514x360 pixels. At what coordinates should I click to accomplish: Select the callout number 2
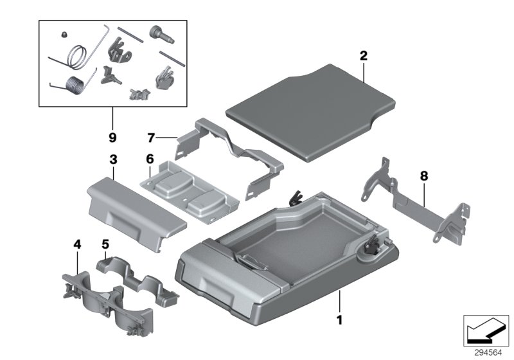click(364, 57)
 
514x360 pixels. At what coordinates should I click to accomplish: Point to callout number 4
click(77, 244)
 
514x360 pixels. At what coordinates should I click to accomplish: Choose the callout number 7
click(152, 137)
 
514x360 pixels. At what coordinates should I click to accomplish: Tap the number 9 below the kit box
click(112, 136)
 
